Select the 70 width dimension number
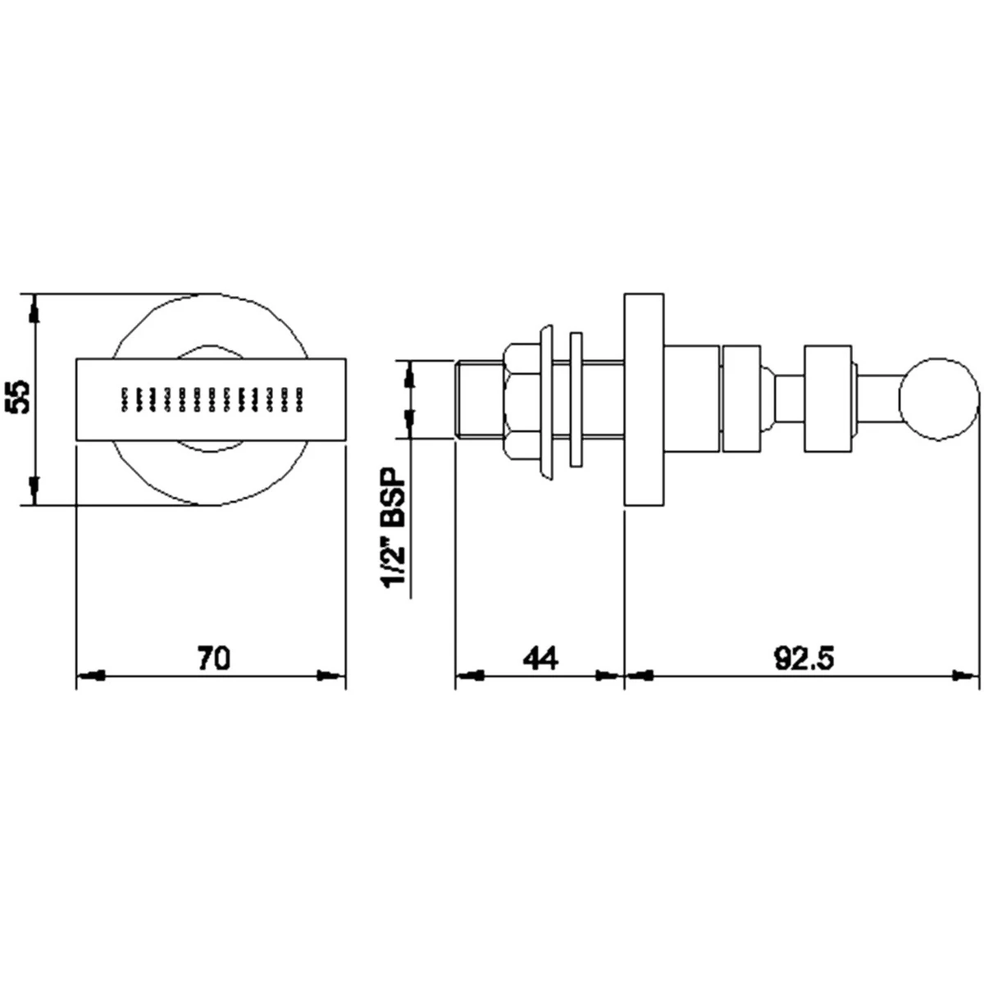[x=215, y=658]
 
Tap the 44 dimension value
[x=540, y=658]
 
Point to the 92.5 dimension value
[x=804, y=658]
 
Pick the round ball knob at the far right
[x=939, y=400]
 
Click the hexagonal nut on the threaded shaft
[x=522, y=400]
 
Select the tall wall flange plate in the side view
[x=645, y=400]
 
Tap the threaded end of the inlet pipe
[x=479, y=400]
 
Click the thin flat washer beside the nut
[x=576, y=399]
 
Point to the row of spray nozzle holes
[x=212, y=399]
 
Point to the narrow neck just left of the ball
[x=879, y=400]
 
